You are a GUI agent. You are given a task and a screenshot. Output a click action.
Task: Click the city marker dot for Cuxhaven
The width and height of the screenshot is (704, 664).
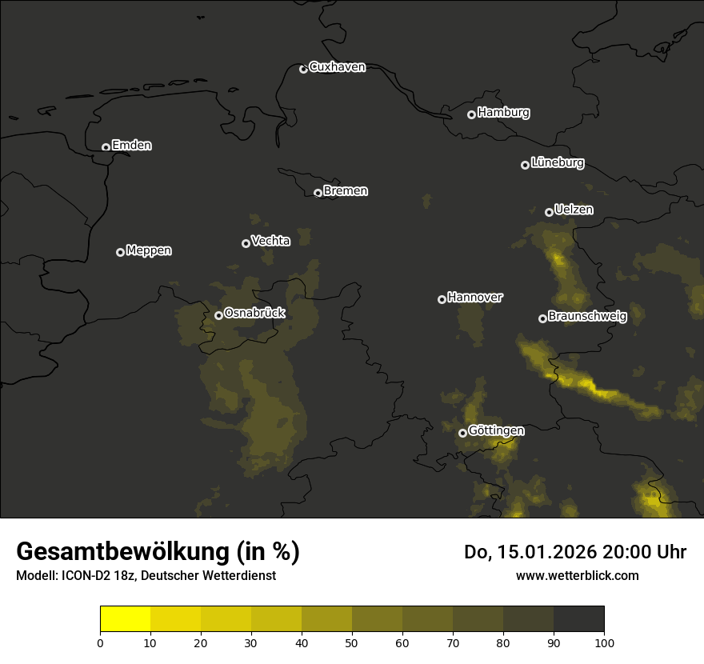click(x=303, y=69)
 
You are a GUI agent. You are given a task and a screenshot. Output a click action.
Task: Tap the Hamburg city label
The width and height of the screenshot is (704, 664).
click(x=503, y=113)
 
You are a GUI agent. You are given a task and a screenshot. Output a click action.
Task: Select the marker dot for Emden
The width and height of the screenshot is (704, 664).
click(x=106, y=147)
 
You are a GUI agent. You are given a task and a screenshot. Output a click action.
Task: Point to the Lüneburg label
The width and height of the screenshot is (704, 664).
click(x=557, y=163)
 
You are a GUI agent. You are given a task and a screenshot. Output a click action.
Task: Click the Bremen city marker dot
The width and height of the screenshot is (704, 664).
click(x=318, y=193)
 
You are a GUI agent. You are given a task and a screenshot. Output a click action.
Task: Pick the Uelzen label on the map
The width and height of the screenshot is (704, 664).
click(x=574, y=210)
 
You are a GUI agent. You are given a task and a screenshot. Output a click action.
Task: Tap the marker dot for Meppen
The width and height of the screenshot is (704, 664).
click(x=120, y=252)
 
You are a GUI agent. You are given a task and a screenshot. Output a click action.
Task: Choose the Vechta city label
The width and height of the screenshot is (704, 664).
click(x=270, y=241)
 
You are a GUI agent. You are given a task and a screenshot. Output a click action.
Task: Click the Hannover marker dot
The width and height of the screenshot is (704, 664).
click(x=442, y=299)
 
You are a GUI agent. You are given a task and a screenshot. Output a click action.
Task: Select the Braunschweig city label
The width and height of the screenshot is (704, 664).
click(x=587, y=316)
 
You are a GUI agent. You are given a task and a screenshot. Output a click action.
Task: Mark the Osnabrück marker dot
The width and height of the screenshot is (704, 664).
click(x=218, y=315)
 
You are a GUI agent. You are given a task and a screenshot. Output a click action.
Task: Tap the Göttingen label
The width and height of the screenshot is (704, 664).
click(x=496, y=430)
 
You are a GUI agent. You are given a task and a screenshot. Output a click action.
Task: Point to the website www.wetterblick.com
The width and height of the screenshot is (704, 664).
click(x=577, y=575)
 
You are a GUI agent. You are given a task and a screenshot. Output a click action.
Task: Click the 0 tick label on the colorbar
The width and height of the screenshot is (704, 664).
click(x=100, y=642)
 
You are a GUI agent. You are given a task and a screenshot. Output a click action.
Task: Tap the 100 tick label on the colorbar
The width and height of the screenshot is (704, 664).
click(x=604, y=642)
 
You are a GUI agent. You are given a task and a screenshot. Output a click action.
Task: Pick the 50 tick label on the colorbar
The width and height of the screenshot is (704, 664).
click(x=352, y=642)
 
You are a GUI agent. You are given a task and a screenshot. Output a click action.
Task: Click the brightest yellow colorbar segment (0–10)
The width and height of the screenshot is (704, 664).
click(x=125, y=619)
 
